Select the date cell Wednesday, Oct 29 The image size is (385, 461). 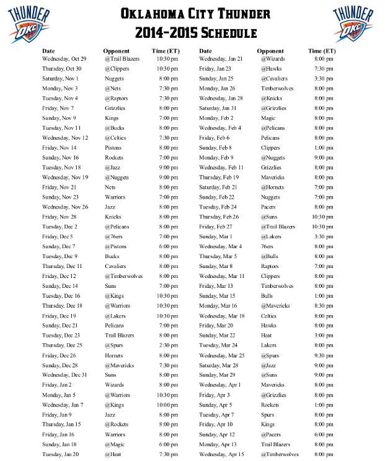pyautogui.click(x=64, y=59)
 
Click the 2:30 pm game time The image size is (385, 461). pyautogui.click(x=167, y=345)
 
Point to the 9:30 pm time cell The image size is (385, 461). pyautogui.click(x=324, y=356)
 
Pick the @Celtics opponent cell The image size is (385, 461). pyautogui.click(x=116, y=138)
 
